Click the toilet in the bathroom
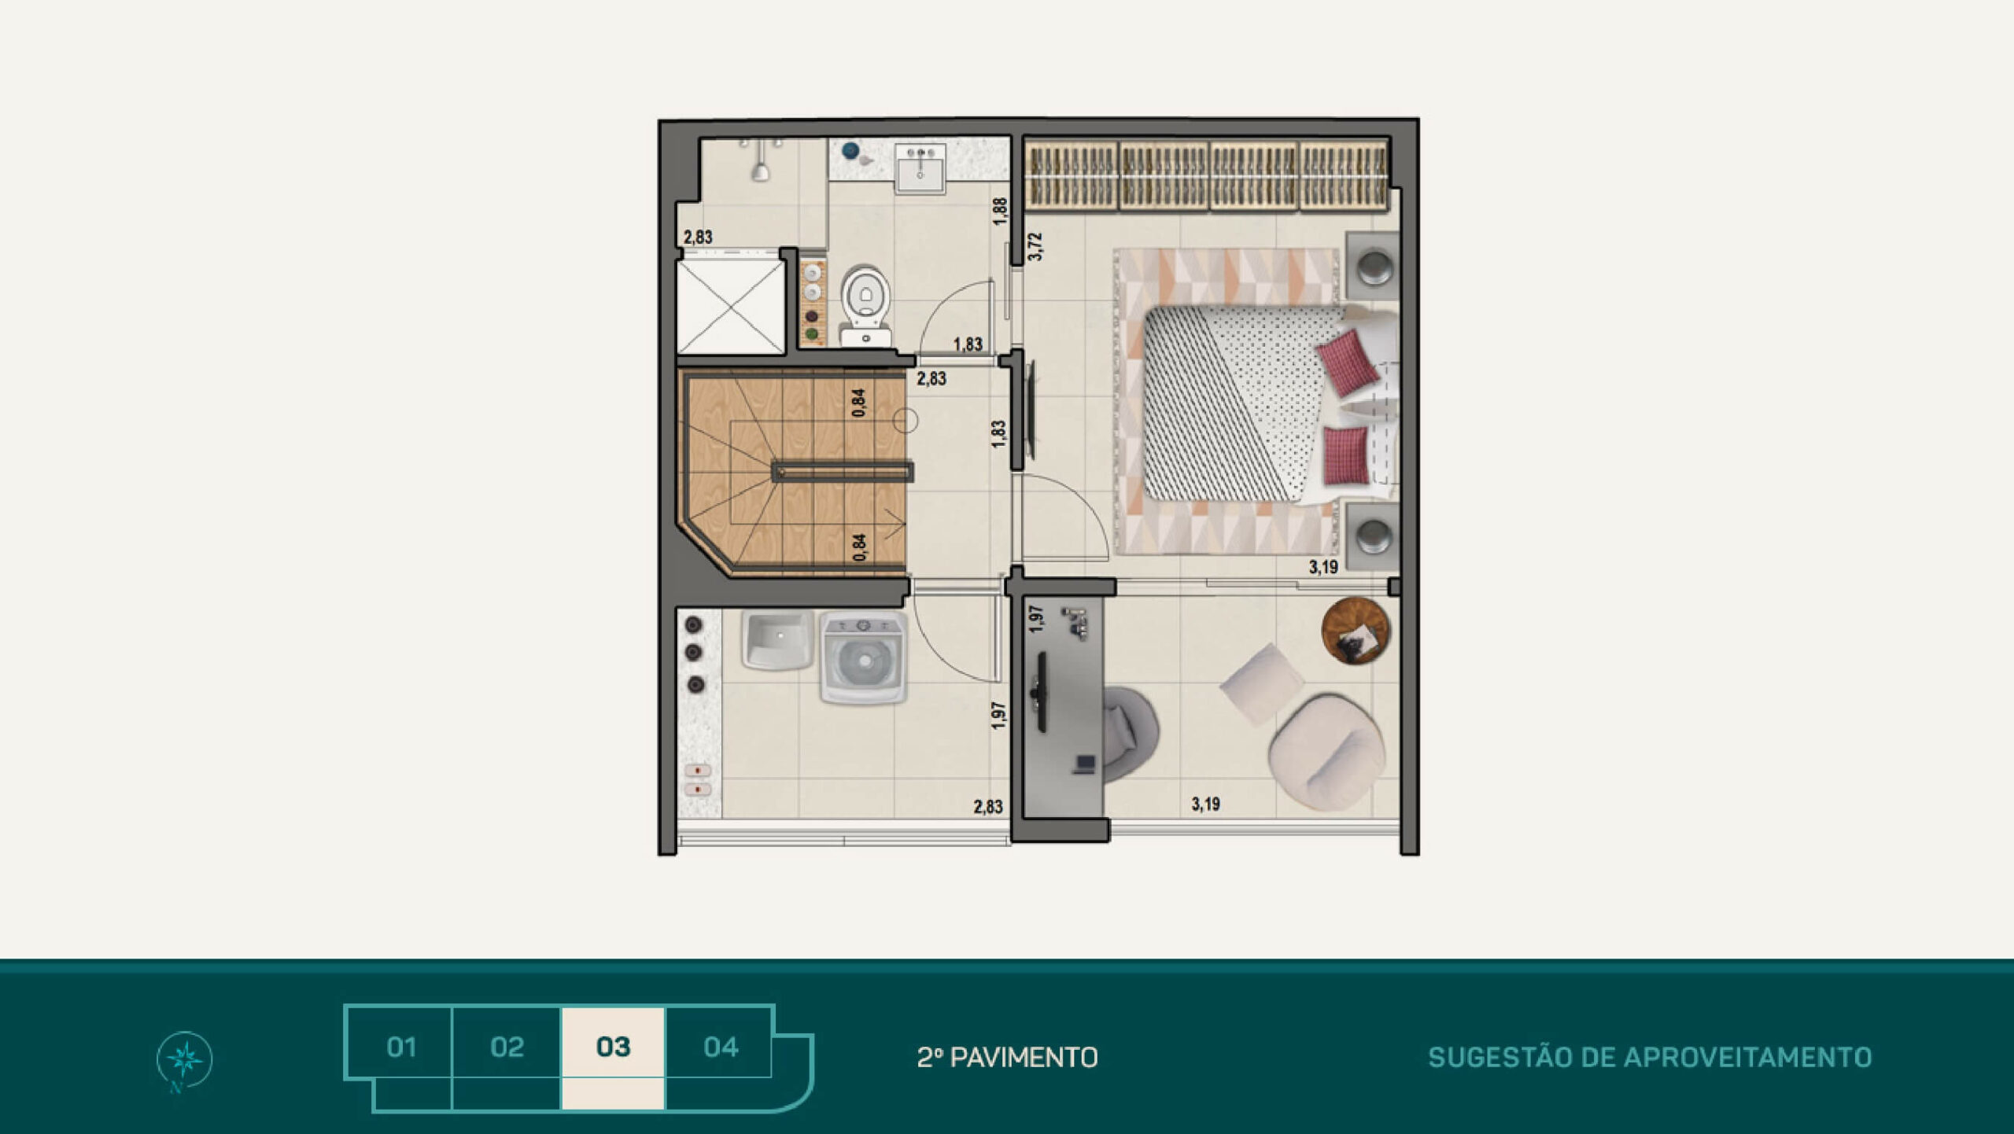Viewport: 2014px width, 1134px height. pyautogui.click(x=865, y=305)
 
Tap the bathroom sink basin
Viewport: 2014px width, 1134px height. pyautogui.click(x=920, y=171)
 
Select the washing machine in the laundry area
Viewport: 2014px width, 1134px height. pyautogui.click(x=864, y=657)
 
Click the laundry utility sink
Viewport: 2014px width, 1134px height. pyautogui.click(x=778, y=639)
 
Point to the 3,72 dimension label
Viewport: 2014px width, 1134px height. pyautogui.click(x=1035, y=247)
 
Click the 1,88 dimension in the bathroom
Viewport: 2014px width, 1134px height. pyautogui.click(x=999, y=212)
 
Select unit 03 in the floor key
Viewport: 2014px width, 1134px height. pyautogui.click(x=613, y=1047)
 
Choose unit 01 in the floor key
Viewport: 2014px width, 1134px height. pyautogui.click(x=401, y=1047)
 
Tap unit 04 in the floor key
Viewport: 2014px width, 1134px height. pyautogui.click(x=721, y=1047)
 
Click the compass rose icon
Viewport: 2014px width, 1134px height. pyautogui.click(x=184, y=1059)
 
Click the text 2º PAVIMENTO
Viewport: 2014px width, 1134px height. pyautogui.click(x=1007, y=1058)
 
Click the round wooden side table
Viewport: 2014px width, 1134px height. pyautogui.click(x=1356, y=631)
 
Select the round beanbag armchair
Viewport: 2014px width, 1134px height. pyautogui.click(x=1326, y=752)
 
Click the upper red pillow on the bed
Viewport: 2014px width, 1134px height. pyautogui.click(x=1348, y=362)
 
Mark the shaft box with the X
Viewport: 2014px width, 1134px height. pyautogui.click(x=731, y=307)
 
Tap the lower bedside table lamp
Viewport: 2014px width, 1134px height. pyautogui.click(x=1374, y=538)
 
